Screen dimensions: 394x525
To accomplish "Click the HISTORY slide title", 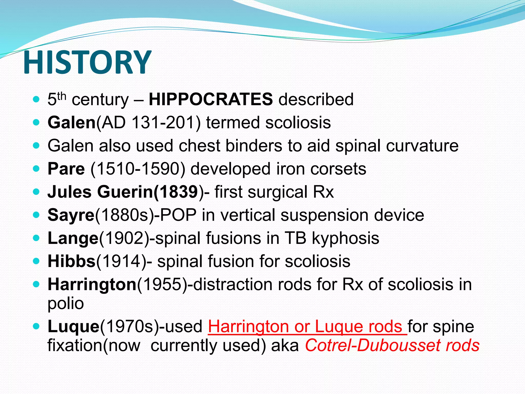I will (87, 63).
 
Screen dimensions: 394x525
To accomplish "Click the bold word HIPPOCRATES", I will (211, 99).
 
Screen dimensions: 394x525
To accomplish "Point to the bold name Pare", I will (66, 169).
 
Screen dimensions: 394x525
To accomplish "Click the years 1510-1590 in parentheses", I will (138, 169).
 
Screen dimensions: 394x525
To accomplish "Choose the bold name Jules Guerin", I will (100, 192).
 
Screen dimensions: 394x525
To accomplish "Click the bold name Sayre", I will (71, 215).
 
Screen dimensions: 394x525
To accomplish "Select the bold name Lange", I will (73, 238).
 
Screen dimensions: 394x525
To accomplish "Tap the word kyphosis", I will (345, 238).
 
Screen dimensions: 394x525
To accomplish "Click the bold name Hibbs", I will (72, 261).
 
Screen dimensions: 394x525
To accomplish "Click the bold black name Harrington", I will (92, 284).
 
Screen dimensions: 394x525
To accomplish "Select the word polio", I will (66, 303).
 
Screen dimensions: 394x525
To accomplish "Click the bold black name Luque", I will (73, 326).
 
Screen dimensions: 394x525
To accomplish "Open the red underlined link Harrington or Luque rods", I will (307, 326).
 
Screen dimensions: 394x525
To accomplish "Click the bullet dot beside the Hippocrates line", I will (36, 99).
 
